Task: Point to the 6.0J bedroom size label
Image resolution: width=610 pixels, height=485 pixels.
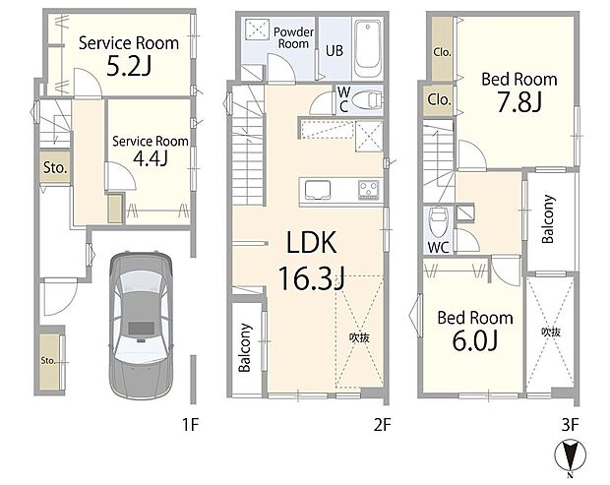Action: pos(474,341)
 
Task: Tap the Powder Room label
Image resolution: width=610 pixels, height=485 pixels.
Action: pos(292,37)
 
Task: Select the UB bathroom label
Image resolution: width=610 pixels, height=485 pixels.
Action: pos(334,50)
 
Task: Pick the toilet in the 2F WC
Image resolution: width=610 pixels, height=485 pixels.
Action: pos(365,99)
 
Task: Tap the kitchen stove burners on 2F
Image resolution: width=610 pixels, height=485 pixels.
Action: pos(368,188)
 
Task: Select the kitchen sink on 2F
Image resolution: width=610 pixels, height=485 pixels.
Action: pos(320,188)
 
